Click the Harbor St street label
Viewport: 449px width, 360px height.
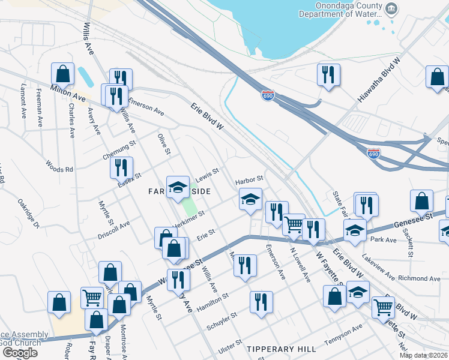click(249, 179)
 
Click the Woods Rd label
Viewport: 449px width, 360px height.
click(59, 166)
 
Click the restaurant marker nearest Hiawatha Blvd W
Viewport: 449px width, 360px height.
click(328, 75)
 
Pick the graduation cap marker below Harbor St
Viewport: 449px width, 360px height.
click(250, 199)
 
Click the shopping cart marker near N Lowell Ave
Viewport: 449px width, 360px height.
click(294, 224)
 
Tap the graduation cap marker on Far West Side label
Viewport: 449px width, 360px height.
click(178, 187)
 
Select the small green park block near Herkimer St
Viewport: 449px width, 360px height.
click(190, 207)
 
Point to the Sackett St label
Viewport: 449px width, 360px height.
click(409, 241)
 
